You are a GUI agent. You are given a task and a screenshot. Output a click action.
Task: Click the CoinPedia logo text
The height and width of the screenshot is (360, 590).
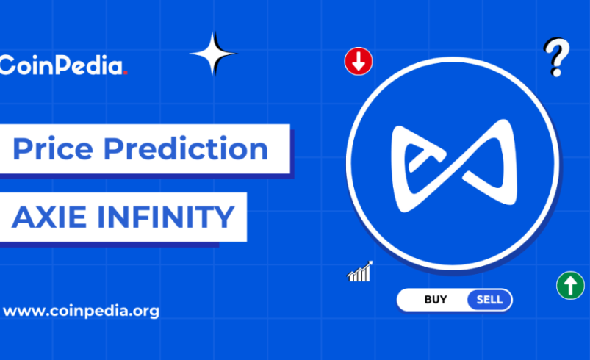click(x=62, y=66)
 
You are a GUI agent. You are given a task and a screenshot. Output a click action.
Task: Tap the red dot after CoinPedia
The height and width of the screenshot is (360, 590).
click(x=126, y=72)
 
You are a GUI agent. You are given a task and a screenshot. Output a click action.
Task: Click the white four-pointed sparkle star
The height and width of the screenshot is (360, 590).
click(x=213, y=54)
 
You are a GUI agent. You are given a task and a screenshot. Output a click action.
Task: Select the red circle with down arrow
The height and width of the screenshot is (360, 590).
click(x=359, y=62)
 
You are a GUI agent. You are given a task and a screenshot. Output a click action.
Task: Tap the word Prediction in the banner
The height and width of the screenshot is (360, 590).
click(x=185, y=149)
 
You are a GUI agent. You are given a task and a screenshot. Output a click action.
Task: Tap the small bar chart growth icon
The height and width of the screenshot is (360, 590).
click(x=360, y=272)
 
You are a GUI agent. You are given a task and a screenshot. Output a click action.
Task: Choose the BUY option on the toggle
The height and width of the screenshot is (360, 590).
click(x=436, y=300)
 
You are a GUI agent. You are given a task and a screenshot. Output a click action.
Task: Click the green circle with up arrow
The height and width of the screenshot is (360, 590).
click(x=570, y=285)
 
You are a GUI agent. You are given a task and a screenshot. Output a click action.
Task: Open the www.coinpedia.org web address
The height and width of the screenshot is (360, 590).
click(x=81, y=311)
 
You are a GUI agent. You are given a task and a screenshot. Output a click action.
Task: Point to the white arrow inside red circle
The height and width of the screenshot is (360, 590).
click(x=359, y=62)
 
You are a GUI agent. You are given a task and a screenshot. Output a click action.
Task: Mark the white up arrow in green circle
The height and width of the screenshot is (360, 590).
click(x=570, y=284)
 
